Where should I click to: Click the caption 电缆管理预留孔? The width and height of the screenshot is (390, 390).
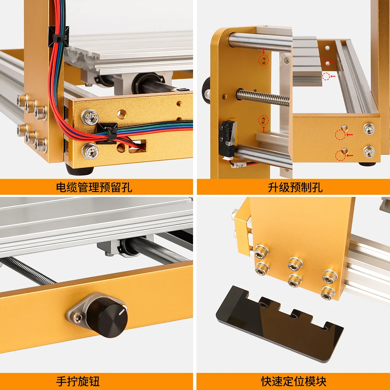click(94, 187)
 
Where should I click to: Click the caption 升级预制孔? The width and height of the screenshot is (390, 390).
click(295, 187)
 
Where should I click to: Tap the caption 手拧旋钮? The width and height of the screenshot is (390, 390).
click(78, 381)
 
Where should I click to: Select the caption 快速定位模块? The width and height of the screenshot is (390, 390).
click(294, 381)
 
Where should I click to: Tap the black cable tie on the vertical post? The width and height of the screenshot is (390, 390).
click(59, 38)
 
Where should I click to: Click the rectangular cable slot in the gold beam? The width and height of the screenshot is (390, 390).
click(137, 146)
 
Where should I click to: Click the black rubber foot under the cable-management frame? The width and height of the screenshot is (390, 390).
click(80, 169)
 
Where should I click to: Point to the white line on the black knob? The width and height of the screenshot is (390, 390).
click(122, 312)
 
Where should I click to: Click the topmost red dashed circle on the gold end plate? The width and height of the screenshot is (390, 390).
click(263, 60)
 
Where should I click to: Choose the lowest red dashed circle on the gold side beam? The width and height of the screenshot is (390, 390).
click(340, 156)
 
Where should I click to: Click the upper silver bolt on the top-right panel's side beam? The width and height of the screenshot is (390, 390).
click(369, 129)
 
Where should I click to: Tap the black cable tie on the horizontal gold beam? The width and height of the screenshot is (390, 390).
click(108, 133)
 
